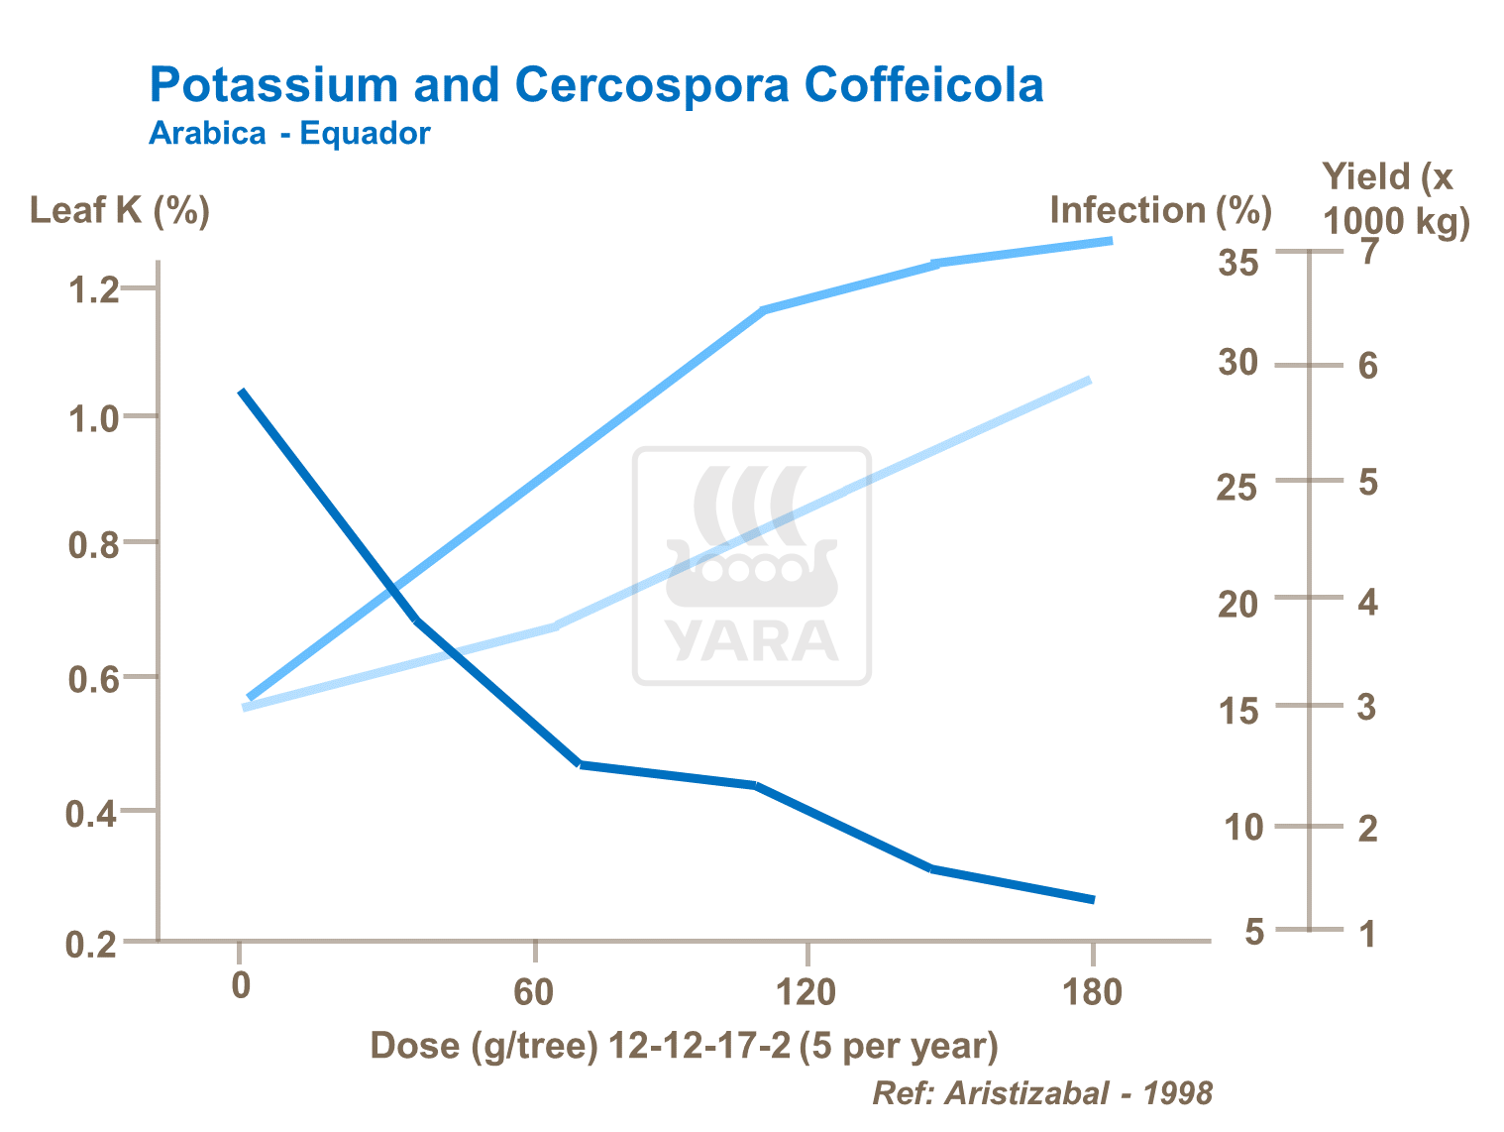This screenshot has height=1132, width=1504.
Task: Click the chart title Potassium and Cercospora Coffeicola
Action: click(596, 85)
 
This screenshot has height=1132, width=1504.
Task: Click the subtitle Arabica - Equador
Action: click(289, 133)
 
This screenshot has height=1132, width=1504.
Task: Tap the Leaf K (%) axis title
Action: click(120, 210)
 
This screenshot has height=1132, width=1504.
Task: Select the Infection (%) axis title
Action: click(1160, 210)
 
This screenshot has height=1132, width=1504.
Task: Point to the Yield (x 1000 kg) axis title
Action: click(1395, 198)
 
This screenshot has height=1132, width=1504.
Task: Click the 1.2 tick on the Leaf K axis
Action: click(92, 289)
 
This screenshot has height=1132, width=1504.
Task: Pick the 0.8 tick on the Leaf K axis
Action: click(92, 544)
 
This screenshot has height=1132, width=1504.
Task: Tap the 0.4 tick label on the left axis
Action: click(92, 814)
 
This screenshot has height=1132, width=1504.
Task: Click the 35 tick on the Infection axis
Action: click(1238, 264)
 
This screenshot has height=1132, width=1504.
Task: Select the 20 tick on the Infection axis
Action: click(1238, 603)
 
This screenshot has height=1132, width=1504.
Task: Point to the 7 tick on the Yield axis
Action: click(1368, 253)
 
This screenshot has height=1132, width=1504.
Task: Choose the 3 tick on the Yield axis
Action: click(1367, 708)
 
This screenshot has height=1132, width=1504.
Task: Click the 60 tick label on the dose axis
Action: click(534, 990)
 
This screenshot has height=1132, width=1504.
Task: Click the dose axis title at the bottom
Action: click(684, 1046)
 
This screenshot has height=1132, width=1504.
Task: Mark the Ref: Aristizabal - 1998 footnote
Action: click(1042, 1093)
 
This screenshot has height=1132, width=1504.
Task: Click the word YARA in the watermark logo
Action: click(752, 641)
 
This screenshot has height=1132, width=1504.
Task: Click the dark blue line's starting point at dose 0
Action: click(242, 393)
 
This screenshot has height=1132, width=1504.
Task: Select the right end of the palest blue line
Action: click(1089, 380)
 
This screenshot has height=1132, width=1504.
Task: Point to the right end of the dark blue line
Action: click(1093, 899)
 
